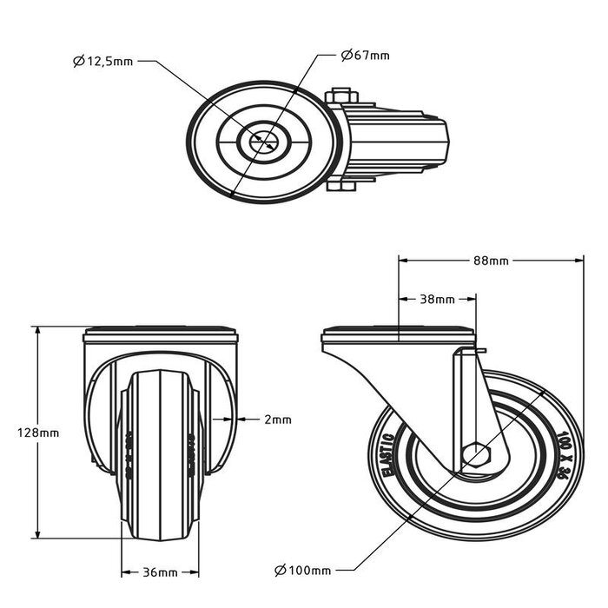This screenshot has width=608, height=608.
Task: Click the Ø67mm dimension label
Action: pyautogui.click(x=366, y=56)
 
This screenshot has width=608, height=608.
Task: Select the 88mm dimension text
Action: pyautogui.click(x=490, y=261)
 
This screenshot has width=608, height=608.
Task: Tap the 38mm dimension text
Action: pyautogui.click(x=437, y=300)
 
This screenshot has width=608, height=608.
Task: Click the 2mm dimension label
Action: pyautogui.click(x=278, y=419)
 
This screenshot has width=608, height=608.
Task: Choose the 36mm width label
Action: pyautogui.click(x=160, y=572)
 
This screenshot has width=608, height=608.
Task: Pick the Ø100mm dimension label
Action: pyautogui.click(x=301, y=571)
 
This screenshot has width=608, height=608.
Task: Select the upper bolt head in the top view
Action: pyautogui.click(x=340, y=95)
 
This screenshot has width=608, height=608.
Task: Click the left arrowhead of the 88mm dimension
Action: pyautogui.click(x=402, y=258)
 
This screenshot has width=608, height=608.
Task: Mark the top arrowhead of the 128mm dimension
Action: pyautogui.click(x=37, y=331)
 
